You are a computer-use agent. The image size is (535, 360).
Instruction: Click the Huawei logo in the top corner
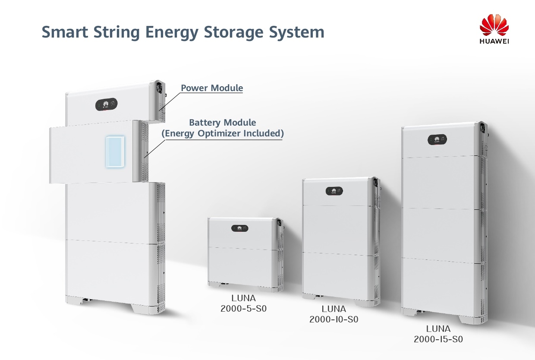tap(494, 28)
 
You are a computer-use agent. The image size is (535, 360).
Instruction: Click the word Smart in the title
tap(65, 32)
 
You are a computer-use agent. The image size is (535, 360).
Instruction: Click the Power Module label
tap(212, 88)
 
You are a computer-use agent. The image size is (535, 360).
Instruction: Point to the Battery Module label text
tap(222, 123)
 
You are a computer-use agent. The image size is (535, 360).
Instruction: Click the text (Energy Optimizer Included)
tap(223, 133)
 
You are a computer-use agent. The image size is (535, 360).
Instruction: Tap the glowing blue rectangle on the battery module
tap(115, 152)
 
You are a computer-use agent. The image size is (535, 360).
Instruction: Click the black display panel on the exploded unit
tap(106, 104)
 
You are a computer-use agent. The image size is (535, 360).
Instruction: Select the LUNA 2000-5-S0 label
tap(243, 303)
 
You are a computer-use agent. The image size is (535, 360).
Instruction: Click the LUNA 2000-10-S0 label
tap(334, 314)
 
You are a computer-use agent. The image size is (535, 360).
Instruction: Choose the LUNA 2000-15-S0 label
tap(438, 334)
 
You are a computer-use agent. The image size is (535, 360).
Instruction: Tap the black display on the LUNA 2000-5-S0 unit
tap(240, 228)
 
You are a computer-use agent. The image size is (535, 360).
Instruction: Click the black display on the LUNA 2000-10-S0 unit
tap(334, 191)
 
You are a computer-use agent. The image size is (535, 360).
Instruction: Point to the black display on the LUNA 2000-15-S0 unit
tap(437, 139)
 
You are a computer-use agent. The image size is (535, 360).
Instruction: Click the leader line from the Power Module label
tap(169, 101)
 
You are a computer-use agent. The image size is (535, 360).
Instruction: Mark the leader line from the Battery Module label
tap(155, 149)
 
